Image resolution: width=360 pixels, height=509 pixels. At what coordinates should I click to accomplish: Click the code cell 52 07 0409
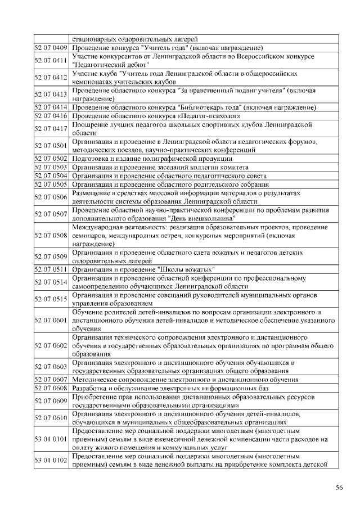51,47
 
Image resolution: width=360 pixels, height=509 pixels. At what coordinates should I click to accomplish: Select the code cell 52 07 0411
51,60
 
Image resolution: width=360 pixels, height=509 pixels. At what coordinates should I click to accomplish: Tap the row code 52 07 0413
51,94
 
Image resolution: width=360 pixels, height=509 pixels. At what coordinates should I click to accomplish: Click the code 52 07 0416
51,116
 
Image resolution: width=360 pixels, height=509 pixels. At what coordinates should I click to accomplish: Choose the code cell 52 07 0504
51,175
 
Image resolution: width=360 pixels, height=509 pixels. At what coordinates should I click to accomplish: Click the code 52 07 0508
51,236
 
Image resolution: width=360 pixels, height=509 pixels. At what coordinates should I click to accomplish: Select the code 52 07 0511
51,269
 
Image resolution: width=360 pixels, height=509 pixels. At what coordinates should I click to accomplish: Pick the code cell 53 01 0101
51,439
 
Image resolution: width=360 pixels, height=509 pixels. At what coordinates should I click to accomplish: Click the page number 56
339,488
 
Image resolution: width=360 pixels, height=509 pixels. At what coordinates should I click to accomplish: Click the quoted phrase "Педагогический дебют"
107,65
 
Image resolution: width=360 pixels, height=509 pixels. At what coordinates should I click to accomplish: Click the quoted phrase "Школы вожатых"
187,269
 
